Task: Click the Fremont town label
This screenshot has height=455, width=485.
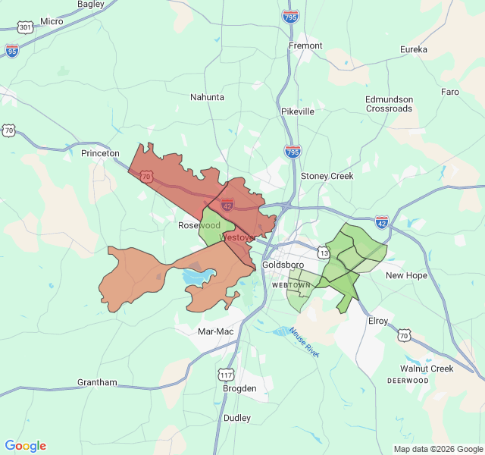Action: point(305,45)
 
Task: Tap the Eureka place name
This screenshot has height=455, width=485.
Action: point(414,49)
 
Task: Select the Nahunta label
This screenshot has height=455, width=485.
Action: point(207,97)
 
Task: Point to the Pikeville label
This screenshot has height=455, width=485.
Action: point(297,111)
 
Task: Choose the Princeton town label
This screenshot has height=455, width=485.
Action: point(100,153)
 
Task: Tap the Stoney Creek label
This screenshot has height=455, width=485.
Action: point(327,176)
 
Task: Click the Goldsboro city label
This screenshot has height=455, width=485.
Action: point(283,265)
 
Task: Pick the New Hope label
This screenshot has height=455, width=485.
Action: point(406,275)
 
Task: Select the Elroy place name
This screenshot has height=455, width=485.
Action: point(377,321)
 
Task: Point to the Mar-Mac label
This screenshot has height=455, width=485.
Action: point(215,331)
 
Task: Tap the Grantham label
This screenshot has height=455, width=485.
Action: point(97,382)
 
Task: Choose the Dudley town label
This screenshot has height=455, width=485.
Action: point(237,418)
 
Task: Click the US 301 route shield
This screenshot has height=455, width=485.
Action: point(26,27)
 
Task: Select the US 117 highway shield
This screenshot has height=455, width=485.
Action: point(226,375)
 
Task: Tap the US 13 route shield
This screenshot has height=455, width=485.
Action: point(324,252)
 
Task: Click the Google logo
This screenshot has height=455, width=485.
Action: point(26,446)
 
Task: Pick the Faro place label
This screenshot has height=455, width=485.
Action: point(450,92)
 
